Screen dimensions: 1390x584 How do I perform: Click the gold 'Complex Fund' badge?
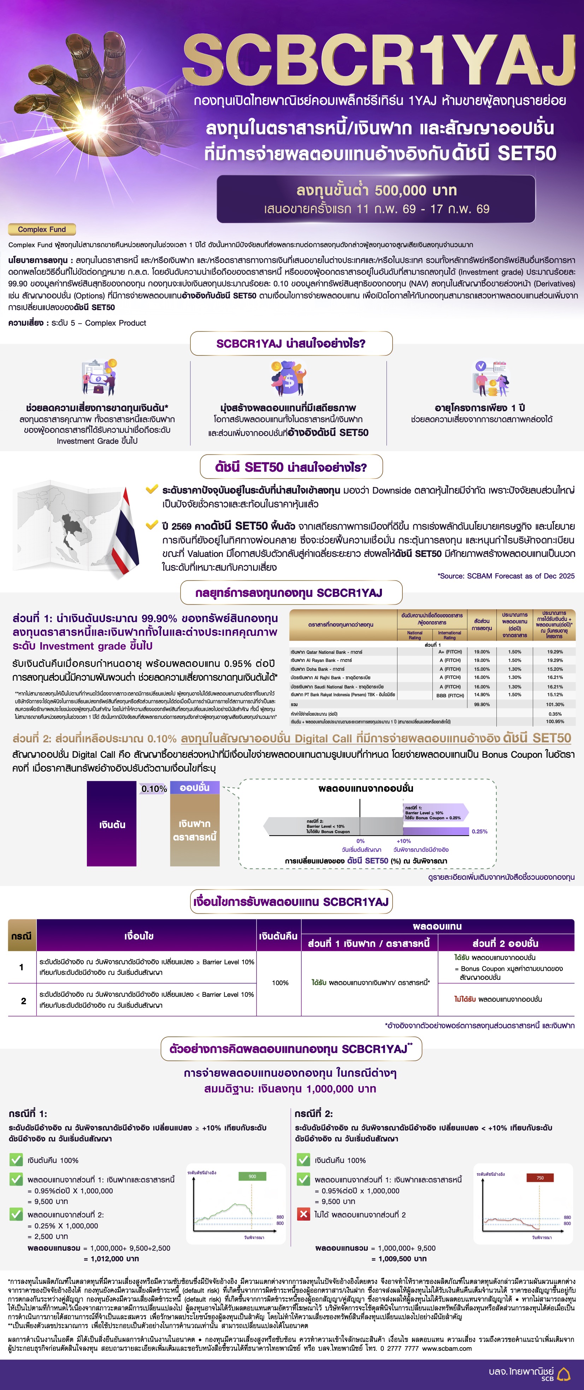[42, 229]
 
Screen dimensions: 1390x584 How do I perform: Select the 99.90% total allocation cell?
[482, 704]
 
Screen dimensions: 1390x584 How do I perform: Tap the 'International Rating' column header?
[449, 635]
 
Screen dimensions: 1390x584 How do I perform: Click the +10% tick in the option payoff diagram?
[403, 841]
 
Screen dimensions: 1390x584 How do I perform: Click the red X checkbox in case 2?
[303, 1214]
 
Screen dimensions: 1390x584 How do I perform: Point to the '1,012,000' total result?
[111, 1258]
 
